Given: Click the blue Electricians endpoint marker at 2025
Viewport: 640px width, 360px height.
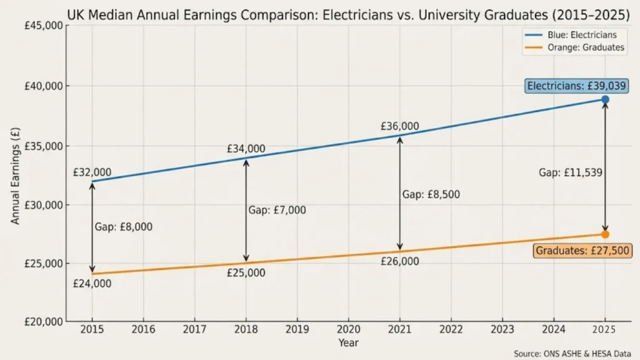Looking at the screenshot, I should point(605,99).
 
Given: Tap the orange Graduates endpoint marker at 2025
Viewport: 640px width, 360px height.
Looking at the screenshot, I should point(605,234).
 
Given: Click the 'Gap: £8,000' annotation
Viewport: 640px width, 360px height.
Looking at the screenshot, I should point(123,227).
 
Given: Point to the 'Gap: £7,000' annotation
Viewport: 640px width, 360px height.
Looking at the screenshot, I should point(277,211).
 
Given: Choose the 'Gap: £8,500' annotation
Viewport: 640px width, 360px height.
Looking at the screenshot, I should point(431,194).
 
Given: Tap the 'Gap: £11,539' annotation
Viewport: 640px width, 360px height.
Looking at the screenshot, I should point(571,172).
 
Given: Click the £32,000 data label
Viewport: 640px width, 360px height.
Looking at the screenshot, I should point(92,172).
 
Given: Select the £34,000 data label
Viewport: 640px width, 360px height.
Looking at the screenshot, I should point(246,149).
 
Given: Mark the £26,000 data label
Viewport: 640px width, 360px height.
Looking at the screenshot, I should point(400,261).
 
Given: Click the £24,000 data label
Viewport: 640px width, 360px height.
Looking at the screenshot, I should point(92,284).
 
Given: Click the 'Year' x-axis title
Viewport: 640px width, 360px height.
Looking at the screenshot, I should point(349,342).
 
